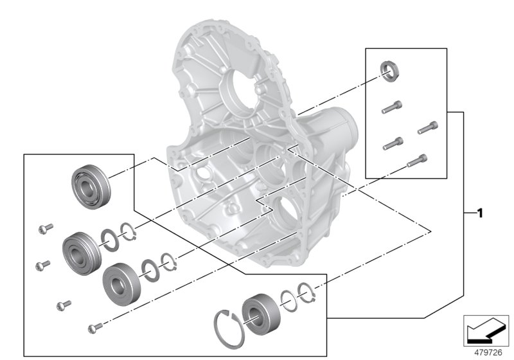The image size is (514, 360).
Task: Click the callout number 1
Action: point(479,213)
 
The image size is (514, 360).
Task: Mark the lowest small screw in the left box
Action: point(94,328)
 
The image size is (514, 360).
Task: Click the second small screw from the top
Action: point(42,264)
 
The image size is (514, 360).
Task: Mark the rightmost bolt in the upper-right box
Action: point(428,128)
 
